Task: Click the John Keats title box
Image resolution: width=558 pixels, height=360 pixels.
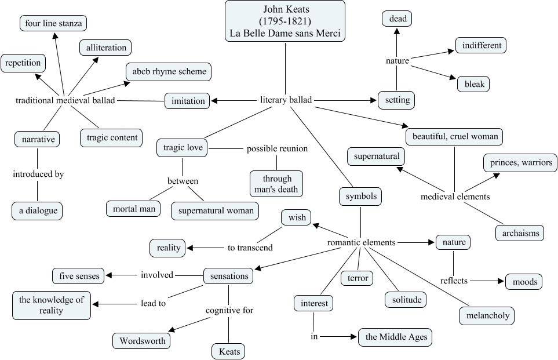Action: tap(285, 21)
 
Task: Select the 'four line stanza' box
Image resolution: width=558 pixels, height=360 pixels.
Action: tap(53, 24)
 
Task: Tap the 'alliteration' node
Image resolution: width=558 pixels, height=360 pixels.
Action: tap(105, 48)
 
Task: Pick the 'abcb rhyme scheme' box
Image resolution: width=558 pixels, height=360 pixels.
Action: tap(169, 72)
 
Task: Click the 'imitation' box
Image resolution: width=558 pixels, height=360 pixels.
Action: tap(188, 101)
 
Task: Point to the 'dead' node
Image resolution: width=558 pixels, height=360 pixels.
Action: tap(397, 19)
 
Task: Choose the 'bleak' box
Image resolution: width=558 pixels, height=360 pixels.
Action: tap(473, 84)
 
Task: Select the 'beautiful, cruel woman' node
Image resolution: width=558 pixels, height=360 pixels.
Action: tap(454, 137)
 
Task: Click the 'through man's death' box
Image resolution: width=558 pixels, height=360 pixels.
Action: tap(277, 183)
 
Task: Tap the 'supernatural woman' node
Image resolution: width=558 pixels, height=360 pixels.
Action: tap(215, 210)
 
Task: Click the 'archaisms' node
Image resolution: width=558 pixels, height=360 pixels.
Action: tap(520, 233)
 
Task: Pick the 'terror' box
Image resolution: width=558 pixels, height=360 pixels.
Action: tap(356, 278)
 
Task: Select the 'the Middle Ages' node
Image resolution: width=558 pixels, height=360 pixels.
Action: tap(395, 337)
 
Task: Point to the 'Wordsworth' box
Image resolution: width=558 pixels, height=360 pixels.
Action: tap(142, 340)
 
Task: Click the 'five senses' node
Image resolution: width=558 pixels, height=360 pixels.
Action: tap(79, 276)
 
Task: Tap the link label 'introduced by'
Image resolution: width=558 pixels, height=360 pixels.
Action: tap(38, 174)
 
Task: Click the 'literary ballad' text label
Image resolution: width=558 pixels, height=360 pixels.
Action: tap(286, 100)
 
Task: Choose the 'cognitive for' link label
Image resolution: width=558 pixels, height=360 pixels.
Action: tap(229, 311)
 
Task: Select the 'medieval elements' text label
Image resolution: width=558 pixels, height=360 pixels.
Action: tap(455, 197)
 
